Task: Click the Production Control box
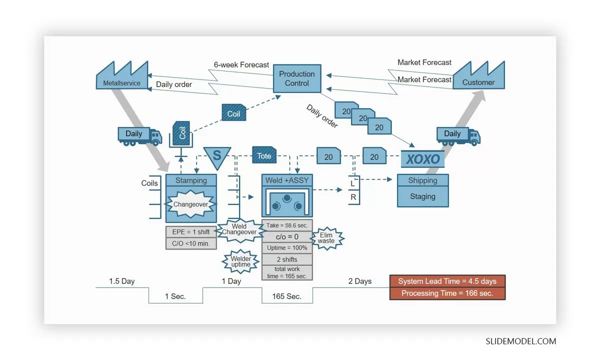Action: tap(297, 78)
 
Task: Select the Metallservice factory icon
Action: tap(122, 77)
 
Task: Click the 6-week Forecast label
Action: tap(241, 64)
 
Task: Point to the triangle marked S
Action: tap(217, 155)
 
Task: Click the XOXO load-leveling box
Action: tap(422, 159)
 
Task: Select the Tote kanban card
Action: tap(264, 156)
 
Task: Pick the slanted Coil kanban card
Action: tap(233, 113)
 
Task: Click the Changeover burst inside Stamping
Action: tap(190, 204)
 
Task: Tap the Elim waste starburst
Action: tap(327, 238)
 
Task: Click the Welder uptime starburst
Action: tap(240, 261)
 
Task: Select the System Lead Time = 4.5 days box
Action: tap(447, 281)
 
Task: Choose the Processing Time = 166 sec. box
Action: tap(447, 293)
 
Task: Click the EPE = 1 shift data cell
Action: tap(191, 232)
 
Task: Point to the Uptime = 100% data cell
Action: tap(286, 248)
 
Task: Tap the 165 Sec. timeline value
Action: tap(286, 296)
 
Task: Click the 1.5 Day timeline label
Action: tap(121, 281)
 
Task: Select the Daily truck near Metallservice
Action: tap(139, 135)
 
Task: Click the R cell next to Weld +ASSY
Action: tap(353, 197)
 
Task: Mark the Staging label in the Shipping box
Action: tap(422, 196)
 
